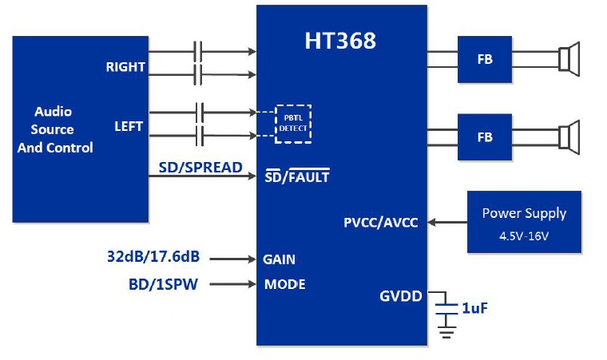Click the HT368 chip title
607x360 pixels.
340,42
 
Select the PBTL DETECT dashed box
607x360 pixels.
292,123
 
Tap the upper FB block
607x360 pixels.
484,59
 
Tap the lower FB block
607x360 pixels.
484,136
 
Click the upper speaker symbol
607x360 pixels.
569,59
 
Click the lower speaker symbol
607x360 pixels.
569,136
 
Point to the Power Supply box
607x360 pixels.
524,222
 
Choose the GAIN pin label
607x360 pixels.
279,259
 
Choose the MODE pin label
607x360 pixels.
284,283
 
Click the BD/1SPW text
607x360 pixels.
163,283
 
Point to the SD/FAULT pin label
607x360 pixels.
297,177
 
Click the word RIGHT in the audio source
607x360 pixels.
125,67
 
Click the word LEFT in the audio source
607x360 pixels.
129,125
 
